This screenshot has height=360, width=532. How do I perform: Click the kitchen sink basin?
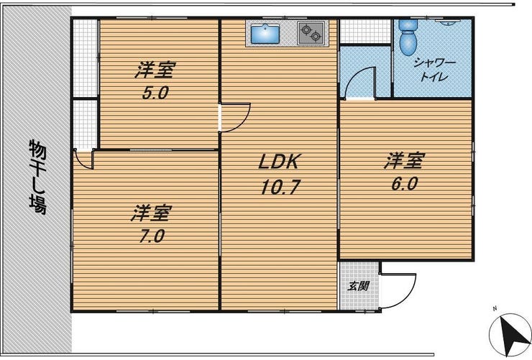point(265,33)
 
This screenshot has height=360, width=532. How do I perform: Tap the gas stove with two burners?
point(311,33)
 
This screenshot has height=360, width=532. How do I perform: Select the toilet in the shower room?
point(408,37)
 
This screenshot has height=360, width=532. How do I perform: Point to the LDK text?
point(278,162)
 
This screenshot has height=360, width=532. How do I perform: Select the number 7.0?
point(152,236)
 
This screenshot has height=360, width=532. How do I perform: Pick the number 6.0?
point(404,184)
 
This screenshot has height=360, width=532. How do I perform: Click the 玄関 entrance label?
point(358,286)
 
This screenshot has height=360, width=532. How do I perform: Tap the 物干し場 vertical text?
point(37,177)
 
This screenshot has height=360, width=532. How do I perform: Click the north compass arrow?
point(510,335)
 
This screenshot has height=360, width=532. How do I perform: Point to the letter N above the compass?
point(495,308)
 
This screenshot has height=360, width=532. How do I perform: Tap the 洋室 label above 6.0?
point(405,161)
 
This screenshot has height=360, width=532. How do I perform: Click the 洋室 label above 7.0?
point(152,213)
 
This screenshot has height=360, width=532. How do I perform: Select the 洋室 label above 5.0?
point(155,70)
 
